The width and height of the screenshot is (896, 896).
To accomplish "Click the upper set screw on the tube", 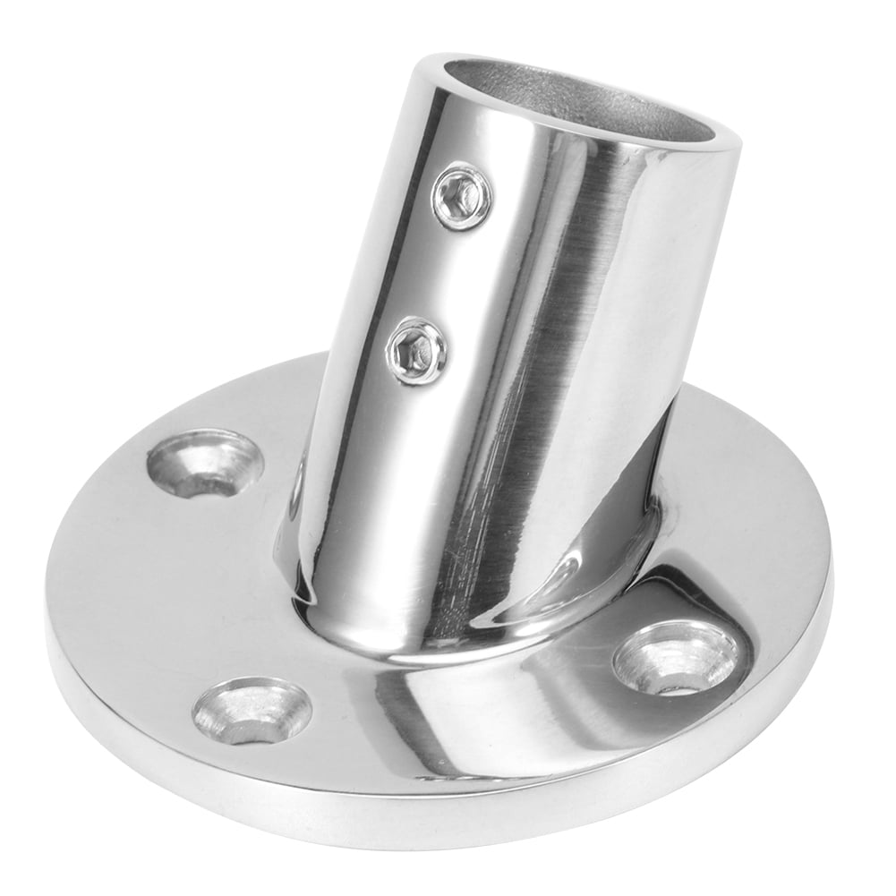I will (x=462, y=196).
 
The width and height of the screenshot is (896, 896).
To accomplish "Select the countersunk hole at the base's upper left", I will (x=205, y=464).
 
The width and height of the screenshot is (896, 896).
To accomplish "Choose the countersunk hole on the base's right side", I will (x=676, y=657).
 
